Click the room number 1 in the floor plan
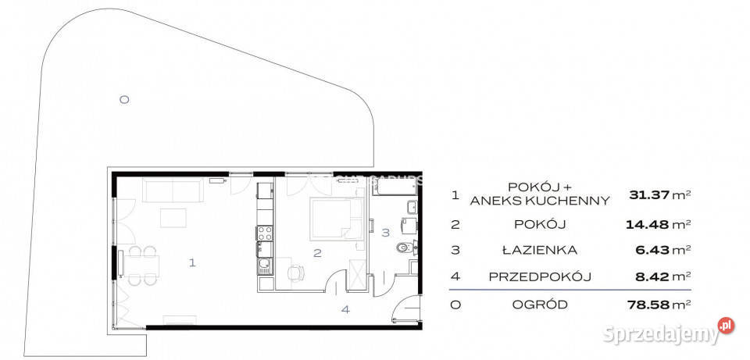[192, 262]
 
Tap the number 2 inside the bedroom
[317, 252]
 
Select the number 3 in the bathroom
[384, 232]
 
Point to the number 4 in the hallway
[345, 309]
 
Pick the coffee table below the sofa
[173, 217]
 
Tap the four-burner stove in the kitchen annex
[264, 232]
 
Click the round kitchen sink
[264, 263]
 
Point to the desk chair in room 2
[295, 273]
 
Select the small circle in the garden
[124, 99]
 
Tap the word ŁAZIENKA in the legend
[540, 251]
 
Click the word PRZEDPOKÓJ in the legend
[540, 276]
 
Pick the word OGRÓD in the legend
[540, 304]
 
